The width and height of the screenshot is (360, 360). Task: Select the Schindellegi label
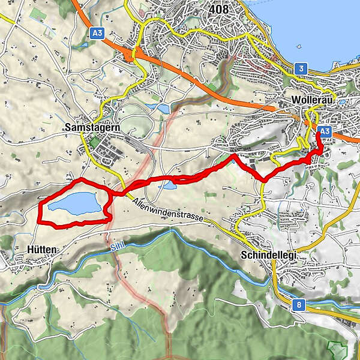pos(268,255)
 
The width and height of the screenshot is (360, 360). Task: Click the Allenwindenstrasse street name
pos(170,211)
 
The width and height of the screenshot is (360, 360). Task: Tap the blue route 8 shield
pos(298,305)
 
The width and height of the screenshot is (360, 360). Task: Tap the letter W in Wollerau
pos(294,100)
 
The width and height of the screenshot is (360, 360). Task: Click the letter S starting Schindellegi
pos(243,255)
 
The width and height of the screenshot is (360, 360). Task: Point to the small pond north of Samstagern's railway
pos(164,109)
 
